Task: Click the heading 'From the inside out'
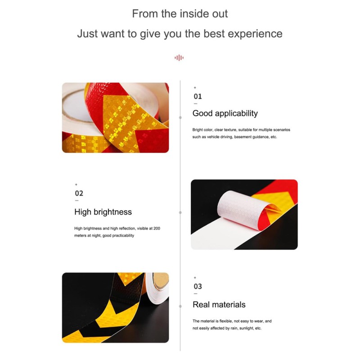click(180, 13)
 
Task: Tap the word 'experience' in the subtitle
click(255, 34)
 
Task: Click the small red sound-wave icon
click(179, 58)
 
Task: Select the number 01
click(198, 96)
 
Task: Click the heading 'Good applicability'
click(225, 113)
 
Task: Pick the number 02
click(79, 193)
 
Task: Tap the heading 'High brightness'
click(103, 212)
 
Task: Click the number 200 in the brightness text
click(157, 229)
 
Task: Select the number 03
click(198, 287)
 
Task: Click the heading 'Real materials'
click(219, 305)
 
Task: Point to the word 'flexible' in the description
click(226, 321)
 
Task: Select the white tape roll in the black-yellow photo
click(157, 288)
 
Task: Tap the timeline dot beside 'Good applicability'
click(180, 117)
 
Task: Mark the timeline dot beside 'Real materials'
click(180, 306)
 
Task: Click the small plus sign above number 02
click(76, 184)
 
